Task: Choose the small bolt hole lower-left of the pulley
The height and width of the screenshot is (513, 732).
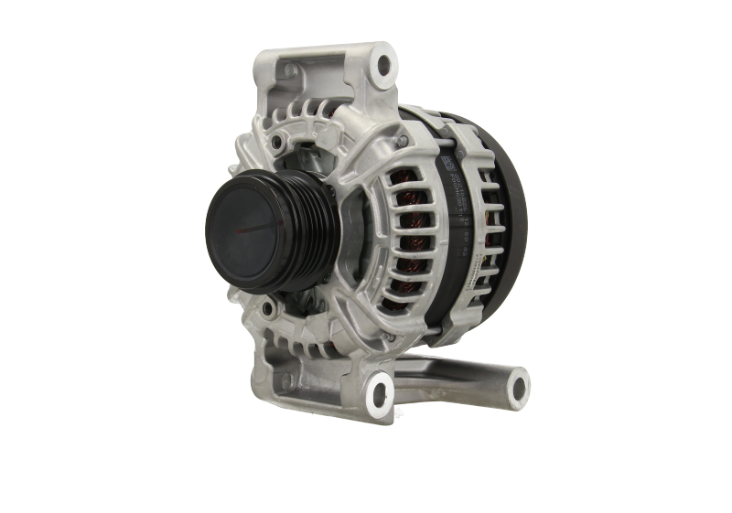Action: (260, 303)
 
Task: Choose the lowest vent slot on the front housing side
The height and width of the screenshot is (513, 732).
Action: (403, 293)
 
